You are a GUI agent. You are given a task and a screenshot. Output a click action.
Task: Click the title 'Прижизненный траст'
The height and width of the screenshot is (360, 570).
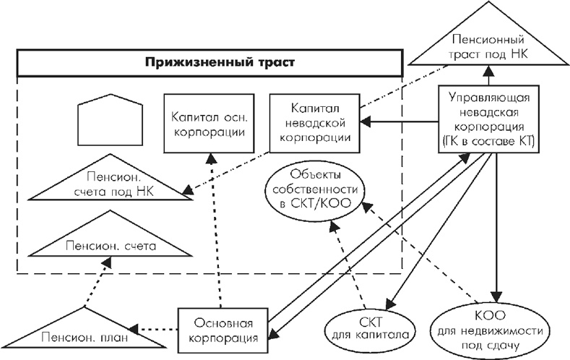click(x=209, y=63)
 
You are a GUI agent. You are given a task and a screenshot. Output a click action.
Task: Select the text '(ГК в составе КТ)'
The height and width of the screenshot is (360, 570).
click(x=491, y=142)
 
